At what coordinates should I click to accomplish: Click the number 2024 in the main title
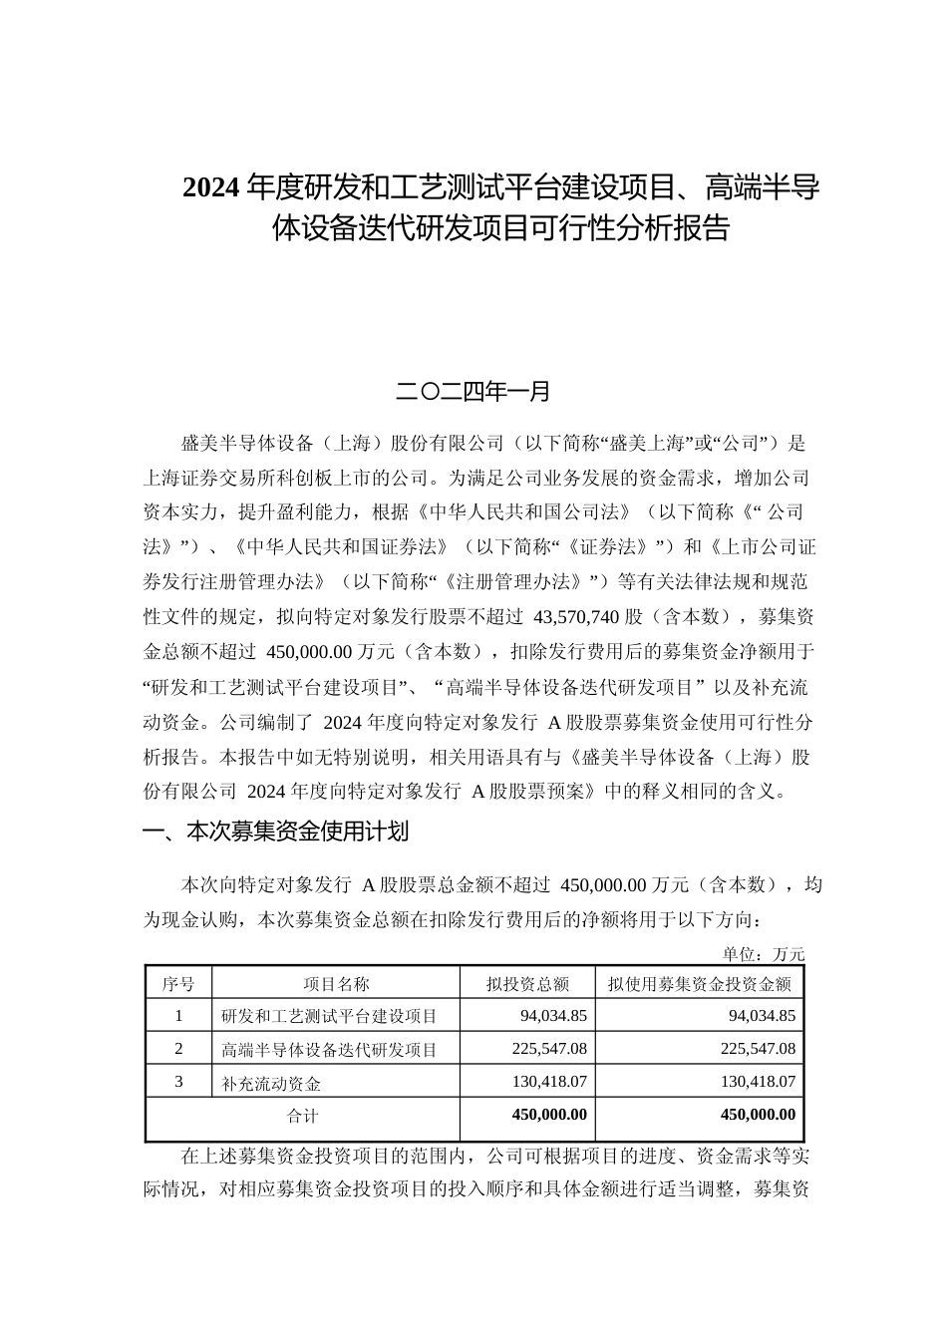click(212, 187)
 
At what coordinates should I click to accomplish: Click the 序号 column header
click(178, 984)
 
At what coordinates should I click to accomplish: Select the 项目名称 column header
click(336, 984)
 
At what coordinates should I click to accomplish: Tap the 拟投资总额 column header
click(527, 984)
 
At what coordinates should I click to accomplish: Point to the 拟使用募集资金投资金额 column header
click(699, 984)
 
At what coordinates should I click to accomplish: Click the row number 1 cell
click(178, 1016)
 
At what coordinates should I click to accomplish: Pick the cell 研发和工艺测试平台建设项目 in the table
click(329, 1017)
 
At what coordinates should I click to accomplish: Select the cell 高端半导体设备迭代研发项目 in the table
click(329, 1049)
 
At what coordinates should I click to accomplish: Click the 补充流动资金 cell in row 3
click(271, 1082)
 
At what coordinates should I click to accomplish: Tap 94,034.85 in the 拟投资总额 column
click(553, 1016)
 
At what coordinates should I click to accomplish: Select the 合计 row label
click(302, 1115)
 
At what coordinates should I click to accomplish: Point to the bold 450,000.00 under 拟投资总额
click(549, 1115)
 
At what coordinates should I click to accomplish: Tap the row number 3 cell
click(178, 1081)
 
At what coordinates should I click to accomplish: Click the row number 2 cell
click(178, 1049)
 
